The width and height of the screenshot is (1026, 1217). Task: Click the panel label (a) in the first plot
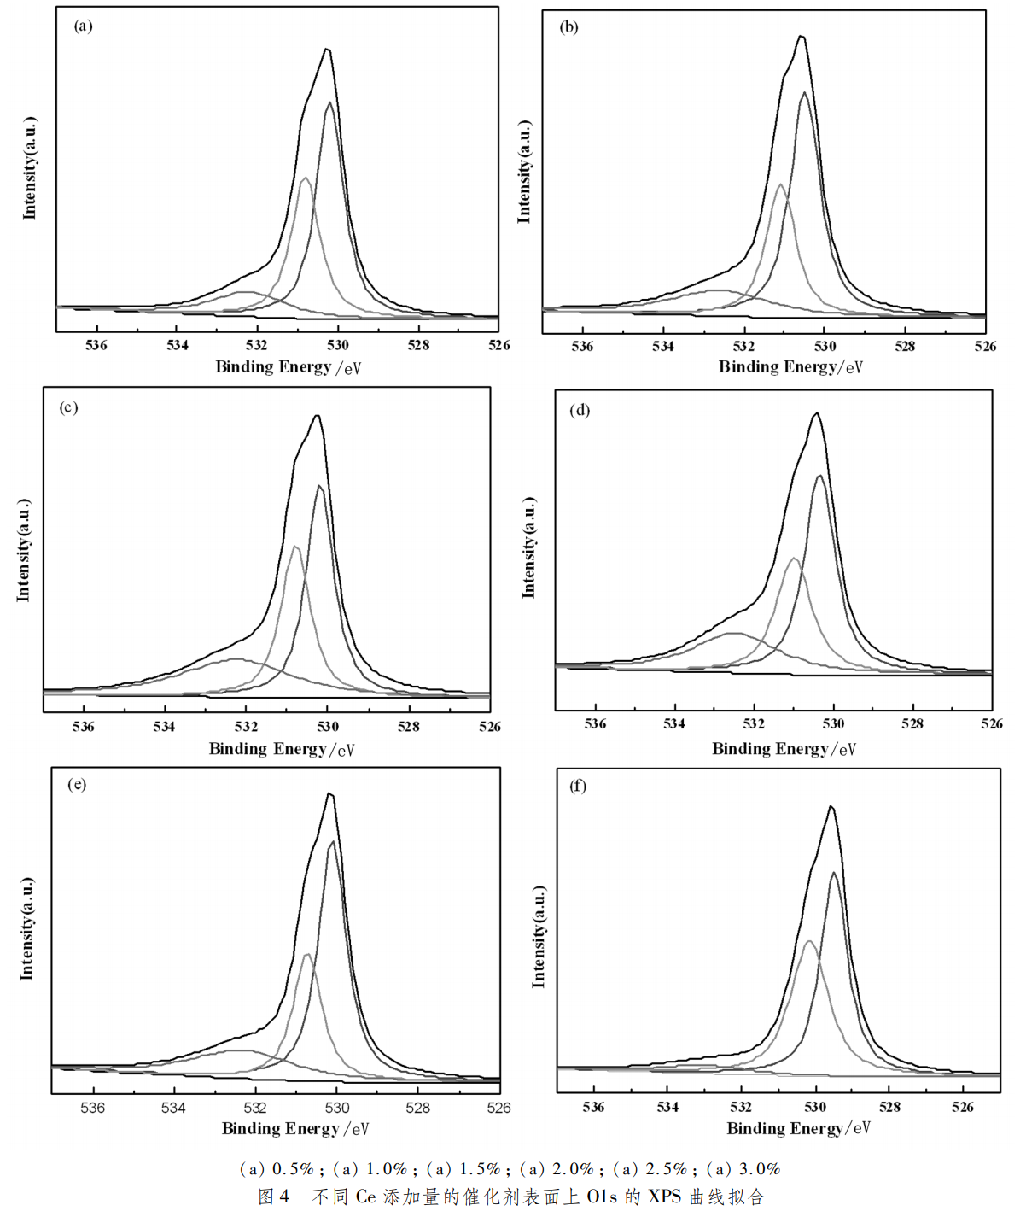tap(83, 26)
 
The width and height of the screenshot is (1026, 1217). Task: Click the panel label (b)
tap(568, 26)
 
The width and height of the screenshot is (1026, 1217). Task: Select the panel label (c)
tap(68, 407)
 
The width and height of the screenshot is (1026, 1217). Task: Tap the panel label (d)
tap(580, 410)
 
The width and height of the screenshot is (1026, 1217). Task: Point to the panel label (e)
tap(77, 784)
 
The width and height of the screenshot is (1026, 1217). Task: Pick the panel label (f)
tap(578, 786)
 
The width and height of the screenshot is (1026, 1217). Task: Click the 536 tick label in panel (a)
tap(96, 345)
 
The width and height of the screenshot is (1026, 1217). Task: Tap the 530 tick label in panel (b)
tap(825, 346)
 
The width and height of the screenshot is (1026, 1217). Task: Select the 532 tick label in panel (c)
tap(246, 727)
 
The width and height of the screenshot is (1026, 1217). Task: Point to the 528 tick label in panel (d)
tap(912, 723)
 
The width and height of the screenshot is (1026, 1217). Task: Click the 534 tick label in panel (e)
tap(173, 1108)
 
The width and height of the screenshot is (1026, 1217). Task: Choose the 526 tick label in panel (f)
tap(962, 1107)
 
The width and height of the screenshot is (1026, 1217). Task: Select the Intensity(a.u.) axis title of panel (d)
tap(529, 547)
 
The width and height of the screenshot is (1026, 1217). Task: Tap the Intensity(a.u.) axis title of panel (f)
tap(539, 937)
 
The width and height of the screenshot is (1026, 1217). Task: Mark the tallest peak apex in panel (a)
tap(327, 50)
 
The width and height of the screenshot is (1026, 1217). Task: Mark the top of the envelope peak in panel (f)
tap(831, 806)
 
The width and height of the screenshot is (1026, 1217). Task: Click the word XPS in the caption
tap(664, 1197)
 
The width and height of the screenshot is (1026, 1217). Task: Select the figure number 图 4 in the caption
tap(274, 1197)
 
